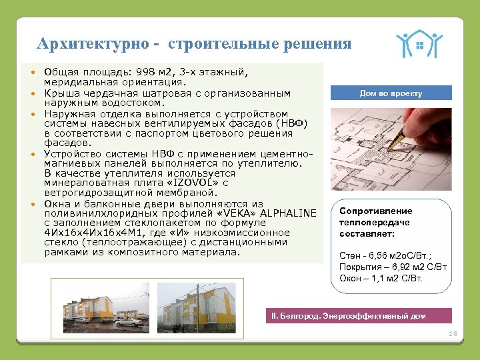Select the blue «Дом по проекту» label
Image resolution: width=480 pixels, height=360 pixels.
tap(390, 93)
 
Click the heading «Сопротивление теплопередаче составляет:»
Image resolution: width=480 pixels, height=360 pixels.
tap(375, 223)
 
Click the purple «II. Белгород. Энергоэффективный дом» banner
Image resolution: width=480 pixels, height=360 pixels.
tap(358, 316)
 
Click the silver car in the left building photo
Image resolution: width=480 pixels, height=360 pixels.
tap(130, 321)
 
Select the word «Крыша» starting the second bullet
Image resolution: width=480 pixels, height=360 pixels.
tap(59, 93)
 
